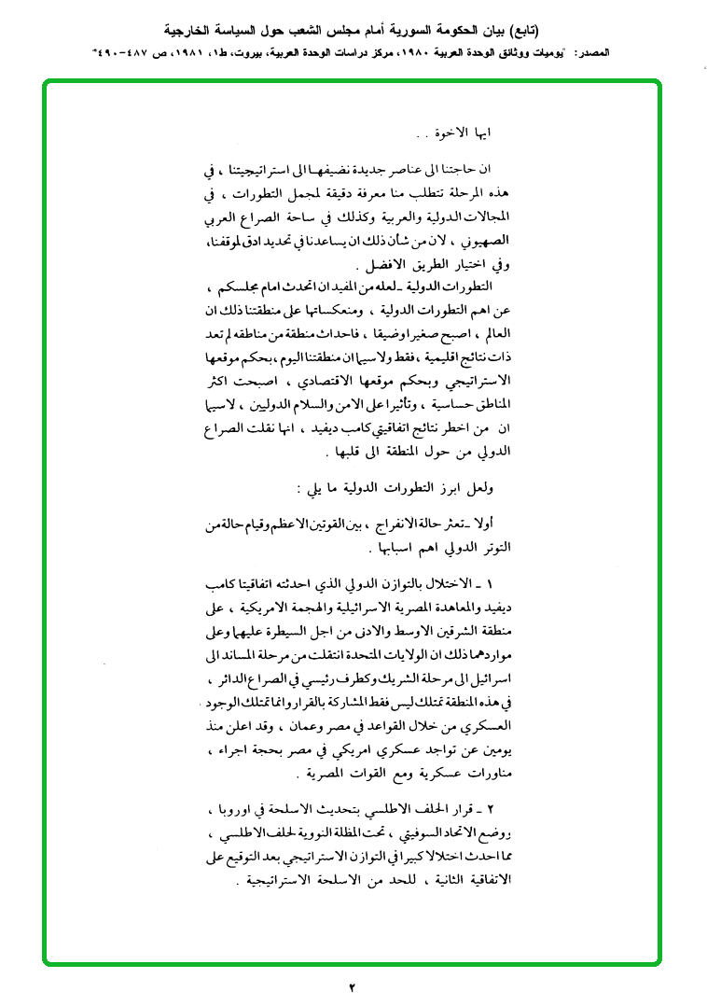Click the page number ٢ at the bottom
point(353,987)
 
